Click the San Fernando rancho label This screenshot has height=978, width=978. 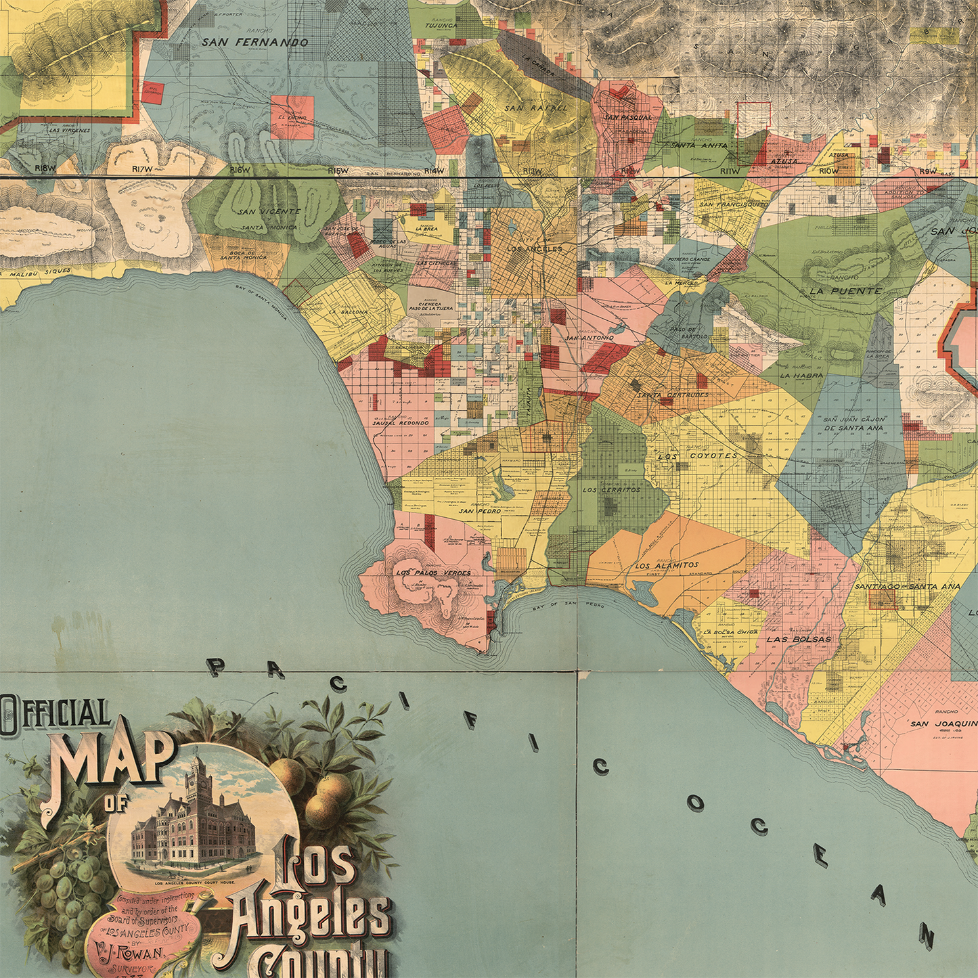pos(254,42)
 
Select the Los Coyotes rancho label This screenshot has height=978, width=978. pos(698,456)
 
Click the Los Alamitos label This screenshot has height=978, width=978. pos(667,565)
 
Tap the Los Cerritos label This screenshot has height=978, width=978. pos(611,489)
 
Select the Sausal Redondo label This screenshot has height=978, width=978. pos(401,422)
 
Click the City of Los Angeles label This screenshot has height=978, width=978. pos(535,248)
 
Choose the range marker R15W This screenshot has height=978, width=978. pos(338,171)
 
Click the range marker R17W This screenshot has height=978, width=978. pos(143,169)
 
